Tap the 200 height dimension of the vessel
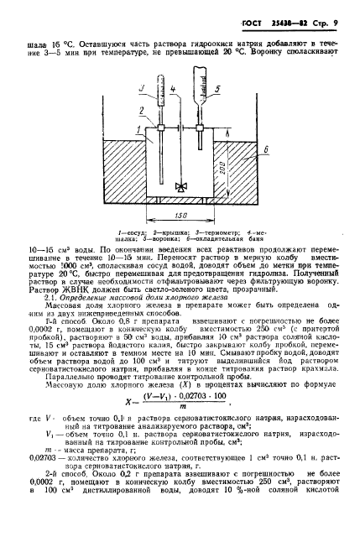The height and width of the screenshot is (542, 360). pyautogui.click(x=217, y=169)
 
